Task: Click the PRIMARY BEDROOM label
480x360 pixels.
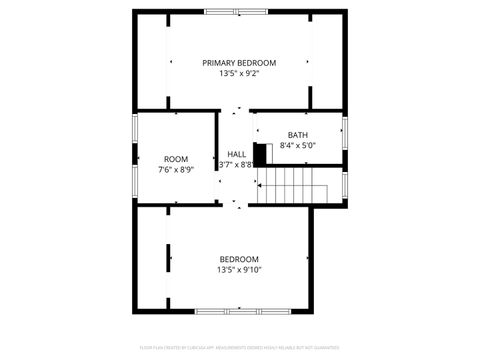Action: pos(239,62)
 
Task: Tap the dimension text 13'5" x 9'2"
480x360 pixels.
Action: pos(239,73)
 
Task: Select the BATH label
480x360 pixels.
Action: pos(297,135)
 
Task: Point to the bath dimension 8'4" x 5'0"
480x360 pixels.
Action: pos(297,146)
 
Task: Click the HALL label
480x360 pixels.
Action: pos(237,154)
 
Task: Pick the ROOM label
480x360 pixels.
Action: pos(176,159)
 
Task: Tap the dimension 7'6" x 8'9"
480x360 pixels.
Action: pos(176,170)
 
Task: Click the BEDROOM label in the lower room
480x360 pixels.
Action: pos(239,259)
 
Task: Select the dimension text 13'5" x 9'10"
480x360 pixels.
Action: pos(239,270)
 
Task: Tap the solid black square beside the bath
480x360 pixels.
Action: pos(260,155)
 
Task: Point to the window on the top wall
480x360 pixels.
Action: pos(239,12)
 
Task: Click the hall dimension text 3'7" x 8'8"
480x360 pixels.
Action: pos(236,165)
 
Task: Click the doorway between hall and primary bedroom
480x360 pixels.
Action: pos(236,110)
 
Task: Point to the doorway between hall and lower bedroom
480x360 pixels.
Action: pos(236,205)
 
